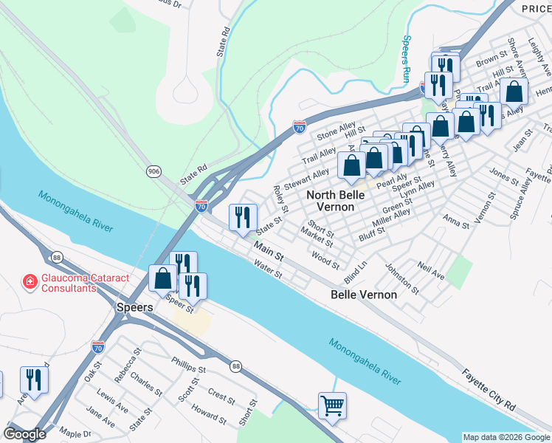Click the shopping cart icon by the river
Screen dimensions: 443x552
coord(332,405)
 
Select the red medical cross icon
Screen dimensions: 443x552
coord(30,281)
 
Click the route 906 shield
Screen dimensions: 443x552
coord(153,171)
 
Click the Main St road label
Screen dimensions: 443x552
coord(269,250)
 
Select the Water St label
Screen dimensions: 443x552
coord(268,268)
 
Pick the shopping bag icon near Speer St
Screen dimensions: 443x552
coord(162,278)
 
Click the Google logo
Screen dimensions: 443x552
coord(24,434)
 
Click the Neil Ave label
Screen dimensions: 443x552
coord(430,269)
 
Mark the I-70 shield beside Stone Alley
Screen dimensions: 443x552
coord(300,127)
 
